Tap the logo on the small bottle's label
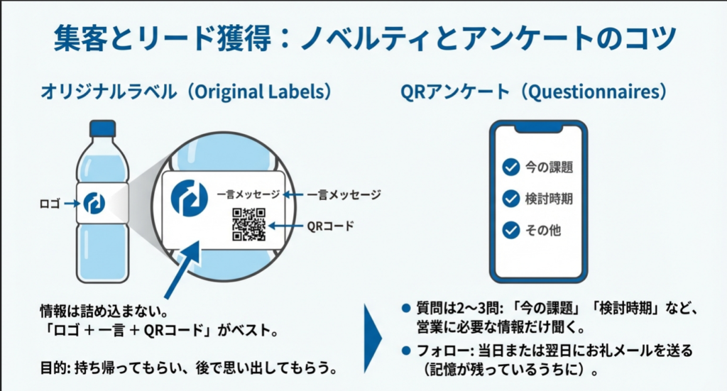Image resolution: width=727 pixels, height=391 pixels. pos(94,203)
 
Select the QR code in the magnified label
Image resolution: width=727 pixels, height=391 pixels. pos(248,225)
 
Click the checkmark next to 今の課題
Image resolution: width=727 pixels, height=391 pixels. pos(510,167)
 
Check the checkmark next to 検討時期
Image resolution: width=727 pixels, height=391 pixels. pos(510,199)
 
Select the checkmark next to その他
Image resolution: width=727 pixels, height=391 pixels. pos(510,230)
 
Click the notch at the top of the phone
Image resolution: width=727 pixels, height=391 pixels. pos(540,128)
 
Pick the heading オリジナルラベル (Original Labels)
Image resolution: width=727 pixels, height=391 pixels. pos(186,92)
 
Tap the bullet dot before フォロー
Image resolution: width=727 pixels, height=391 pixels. pos(405,351)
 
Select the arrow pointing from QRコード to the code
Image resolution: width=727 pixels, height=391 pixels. pos(285,227)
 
